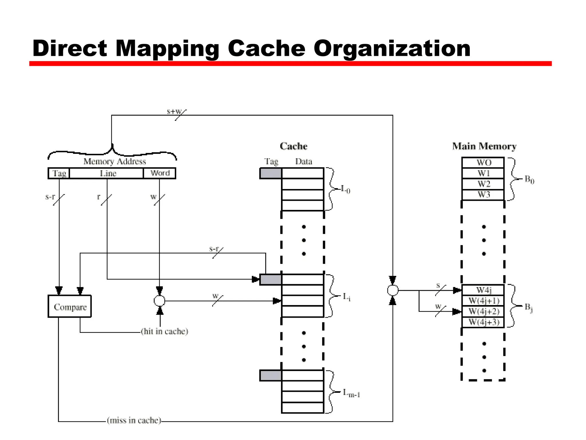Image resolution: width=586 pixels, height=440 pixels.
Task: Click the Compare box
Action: coord(70,306)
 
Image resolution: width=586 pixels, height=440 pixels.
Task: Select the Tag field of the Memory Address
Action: coord(59,173)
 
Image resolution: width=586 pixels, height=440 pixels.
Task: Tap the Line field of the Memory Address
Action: coord(106,173)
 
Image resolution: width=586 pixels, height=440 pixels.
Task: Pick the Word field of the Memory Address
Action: coord(159,173)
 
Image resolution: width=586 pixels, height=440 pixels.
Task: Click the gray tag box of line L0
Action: coord(270,173)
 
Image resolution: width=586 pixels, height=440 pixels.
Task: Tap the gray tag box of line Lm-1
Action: coord(270,375)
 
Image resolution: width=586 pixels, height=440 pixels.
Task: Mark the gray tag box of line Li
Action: coord(270,279)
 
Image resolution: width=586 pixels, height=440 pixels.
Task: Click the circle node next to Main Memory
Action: coord(393,290)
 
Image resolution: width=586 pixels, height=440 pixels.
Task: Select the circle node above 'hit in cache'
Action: coord(159,301)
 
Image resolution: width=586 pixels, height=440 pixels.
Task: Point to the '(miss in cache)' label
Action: coord(134,420)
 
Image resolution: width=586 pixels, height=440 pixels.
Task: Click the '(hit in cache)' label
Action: coord(165,331)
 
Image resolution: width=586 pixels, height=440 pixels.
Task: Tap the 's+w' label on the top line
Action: coord(174,111)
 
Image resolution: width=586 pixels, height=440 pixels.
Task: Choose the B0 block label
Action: coord(529,180)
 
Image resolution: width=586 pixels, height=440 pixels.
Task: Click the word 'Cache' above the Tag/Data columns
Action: coord(293,146)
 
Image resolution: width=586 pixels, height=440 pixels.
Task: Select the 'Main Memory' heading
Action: coord(484,146)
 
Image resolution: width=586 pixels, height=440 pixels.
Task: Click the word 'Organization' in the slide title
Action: coord(392,49)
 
